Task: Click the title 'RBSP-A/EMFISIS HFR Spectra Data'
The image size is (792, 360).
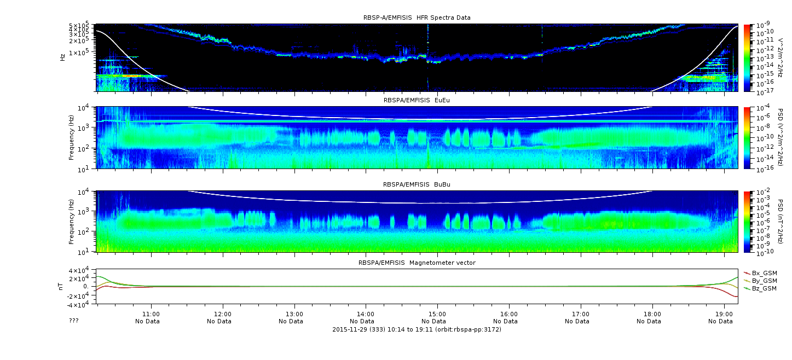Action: tap(417, 18)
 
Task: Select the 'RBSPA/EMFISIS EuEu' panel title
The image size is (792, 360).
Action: tap(417, 100)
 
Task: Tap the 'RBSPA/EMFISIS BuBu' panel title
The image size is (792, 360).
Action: tap(417, 184)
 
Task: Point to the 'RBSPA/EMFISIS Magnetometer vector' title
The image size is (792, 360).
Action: tap(417, 263)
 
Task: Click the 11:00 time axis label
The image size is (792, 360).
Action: tap(151, 314)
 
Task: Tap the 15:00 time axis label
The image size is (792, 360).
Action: tap(437, 314)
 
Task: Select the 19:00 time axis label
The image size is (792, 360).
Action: tap(724, 314)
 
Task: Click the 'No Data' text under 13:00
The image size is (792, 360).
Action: tap(291, 322)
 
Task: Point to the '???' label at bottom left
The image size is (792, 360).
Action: tap(73, 321)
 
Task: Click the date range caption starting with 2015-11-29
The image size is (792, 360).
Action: tap(417, 329)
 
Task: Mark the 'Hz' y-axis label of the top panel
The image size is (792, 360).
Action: tap(62, 57)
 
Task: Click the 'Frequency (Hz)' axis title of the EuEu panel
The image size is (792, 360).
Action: tap(71, 137)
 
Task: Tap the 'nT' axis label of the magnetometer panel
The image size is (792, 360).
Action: tap(60, 287)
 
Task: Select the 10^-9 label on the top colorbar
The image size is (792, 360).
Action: tap(763, 25)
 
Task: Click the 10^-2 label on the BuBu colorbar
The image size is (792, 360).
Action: tap(763, 192)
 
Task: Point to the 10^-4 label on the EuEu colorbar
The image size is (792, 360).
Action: tap(763, 108)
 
